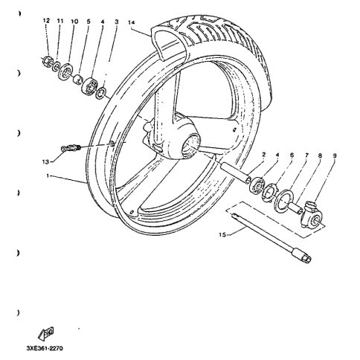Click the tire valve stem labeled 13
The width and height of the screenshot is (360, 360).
pyautogui.click(x=72, y=149)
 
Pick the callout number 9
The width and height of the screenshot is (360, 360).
pyautogui.click(x=335, y=155)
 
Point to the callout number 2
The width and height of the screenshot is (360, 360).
pyautogui.click(x=264, y=155)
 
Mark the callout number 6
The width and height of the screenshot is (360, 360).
pyautogui.click(x=292, y=155)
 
